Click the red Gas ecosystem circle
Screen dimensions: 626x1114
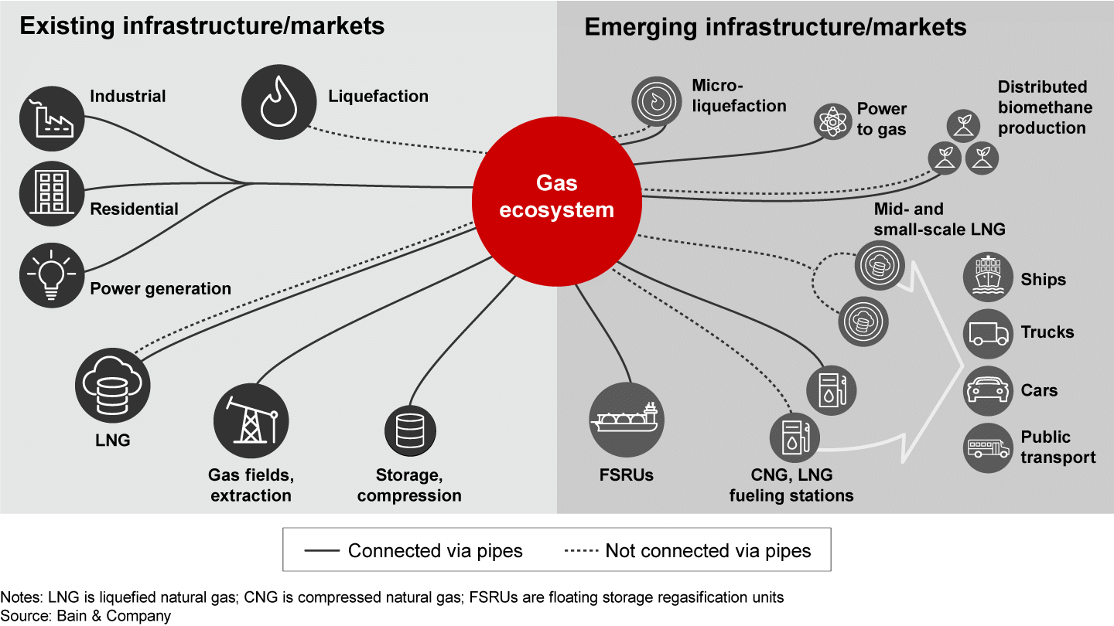pos(557,198)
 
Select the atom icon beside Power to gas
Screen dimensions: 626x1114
pos(832,121)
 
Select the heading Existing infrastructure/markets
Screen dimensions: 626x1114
pos(201,27)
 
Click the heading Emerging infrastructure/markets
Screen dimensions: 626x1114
pos(775,27)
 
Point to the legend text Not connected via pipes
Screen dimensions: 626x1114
pos(708,551)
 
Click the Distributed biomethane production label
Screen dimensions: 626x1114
pos(1041,107)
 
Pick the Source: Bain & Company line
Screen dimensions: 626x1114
pos(85,616)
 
